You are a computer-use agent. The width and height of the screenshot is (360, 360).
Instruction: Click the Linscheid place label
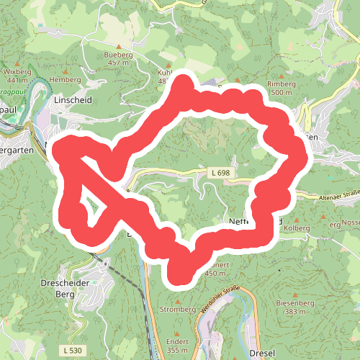tap(73, 100)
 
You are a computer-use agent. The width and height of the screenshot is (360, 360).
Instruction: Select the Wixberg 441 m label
tap(18, 77)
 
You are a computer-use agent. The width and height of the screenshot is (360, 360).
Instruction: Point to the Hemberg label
tap(66, 79)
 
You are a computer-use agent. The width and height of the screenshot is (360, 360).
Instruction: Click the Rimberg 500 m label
tap(280, 89)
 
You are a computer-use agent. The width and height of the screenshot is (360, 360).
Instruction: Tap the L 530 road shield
tap(72, 349)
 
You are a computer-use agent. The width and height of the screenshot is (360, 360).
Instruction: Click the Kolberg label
tap(296, 228)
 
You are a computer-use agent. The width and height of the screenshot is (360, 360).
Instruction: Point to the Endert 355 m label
tap(176, 345)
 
